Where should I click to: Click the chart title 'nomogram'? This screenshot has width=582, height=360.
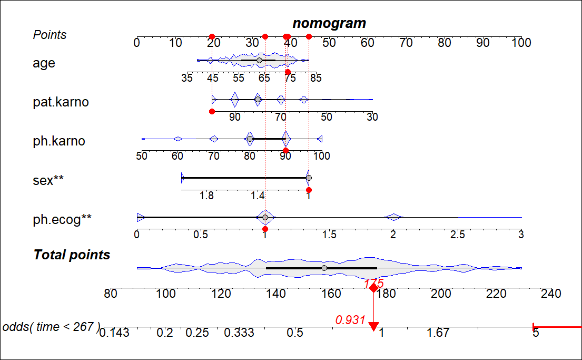click(329, 23)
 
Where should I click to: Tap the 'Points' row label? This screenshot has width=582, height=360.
click(50, 35)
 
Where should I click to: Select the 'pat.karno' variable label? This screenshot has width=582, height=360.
click(61, 102)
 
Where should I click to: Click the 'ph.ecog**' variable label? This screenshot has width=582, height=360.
click(62, 220)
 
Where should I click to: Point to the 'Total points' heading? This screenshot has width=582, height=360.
click(72, 255)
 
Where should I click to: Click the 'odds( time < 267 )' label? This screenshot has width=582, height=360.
click(51, 327)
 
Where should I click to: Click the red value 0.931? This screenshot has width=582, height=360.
click(350, 319)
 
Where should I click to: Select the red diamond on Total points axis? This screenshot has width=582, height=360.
click(373, 288)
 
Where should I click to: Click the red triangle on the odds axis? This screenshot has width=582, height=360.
click(373, 327)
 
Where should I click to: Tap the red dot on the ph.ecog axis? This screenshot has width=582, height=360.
click(265, 229)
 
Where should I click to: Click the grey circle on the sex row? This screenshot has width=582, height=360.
click(309, 178)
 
